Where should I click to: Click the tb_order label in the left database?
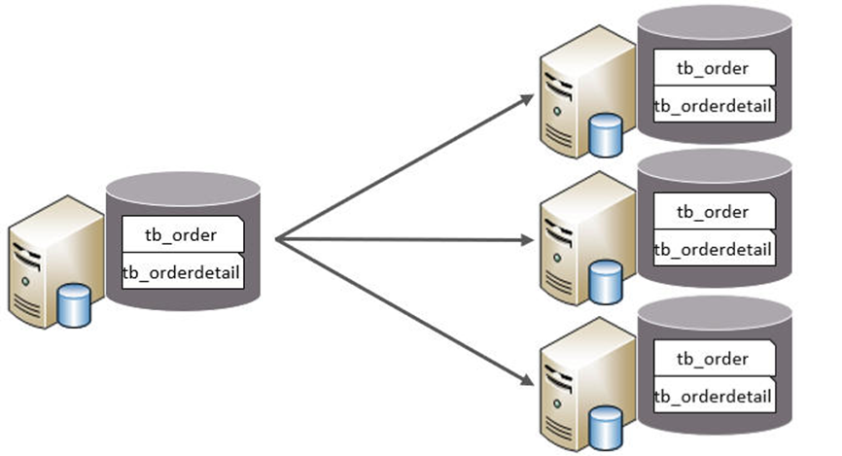181,234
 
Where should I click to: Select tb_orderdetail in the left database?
181,273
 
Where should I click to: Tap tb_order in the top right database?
713,68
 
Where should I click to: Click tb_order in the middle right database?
713,212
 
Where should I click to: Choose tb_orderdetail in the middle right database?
713,250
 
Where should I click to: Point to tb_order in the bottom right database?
713,359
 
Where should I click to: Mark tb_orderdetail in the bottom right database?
713,397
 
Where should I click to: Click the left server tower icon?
49,258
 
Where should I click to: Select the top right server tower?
576,92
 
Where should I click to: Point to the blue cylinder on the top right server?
606,135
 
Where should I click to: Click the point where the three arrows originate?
277,238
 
